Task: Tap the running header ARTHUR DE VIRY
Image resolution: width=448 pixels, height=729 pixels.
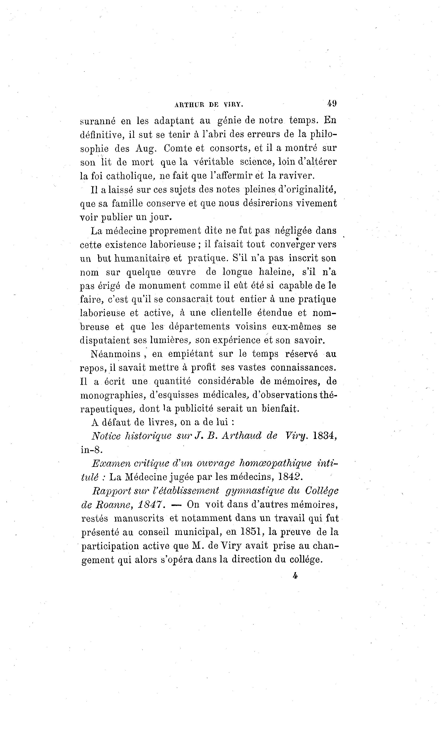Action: pos(209,104)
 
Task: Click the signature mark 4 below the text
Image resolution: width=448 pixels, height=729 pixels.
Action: pos(295,576)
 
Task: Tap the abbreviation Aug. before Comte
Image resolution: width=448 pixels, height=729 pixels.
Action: pos(146,148)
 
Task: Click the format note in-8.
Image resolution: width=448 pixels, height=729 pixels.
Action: pos(91,450)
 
